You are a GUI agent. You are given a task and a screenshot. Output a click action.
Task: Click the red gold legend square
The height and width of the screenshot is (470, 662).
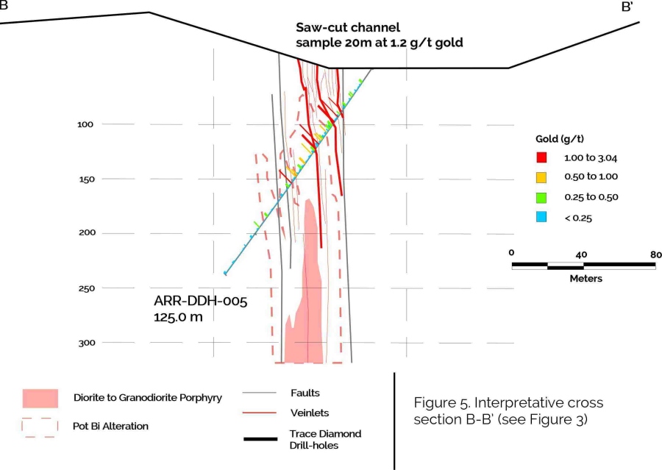pos(541,157)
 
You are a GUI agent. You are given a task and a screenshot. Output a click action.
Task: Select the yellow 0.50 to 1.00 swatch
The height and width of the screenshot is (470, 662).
pos(541,177)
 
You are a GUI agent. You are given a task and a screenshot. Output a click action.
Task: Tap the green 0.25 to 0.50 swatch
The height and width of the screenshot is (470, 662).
pos(541,197)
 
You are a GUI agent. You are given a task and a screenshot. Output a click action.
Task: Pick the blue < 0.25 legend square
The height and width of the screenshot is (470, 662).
pos(541,217)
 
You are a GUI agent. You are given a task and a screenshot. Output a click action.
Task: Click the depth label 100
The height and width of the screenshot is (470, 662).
pos(85,124)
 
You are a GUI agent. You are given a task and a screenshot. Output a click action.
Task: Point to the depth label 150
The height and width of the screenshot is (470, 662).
pos(85,179)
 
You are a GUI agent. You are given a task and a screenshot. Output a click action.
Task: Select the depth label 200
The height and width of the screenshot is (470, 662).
pos(85,233)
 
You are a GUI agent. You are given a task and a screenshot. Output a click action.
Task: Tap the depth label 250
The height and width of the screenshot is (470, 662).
pos(85,288)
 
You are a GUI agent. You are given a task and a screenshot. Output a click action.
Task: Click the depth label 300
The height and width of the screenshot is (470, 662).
pos(85,343)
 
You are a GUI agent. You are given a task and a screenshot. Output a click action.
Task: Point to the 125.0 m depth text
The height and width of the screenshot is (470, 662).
pos(178,317)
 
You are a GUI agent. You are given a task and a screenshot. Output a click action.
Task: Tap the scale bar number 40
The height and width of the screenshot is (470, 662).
pos(581,254)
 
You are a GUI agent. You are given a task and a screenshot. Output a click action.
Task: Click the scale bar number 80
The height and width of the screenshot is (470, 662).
pos(656,254)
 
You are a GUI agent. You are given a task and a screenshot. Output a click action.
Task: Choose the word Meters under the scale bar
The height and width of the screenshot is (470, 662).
pos(586,279)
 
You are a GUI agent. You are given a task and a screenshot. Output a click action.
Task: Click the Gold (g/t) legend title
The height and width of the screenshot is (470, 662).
pos(560,138)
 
